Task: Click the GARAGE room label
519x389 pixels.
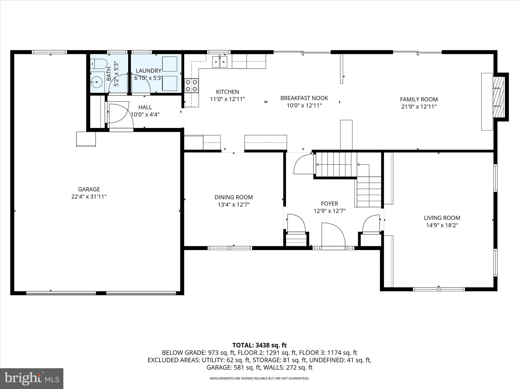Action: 89,189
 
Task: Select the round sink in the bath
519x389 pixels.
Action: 97,82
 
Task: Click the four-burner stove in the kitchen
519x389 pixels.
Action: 192,85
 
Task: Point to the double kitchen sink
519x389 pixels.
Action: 220,62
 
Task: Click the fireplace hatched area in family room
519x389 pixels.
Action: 499,97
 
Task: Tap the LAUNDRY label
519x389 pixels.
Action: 149,71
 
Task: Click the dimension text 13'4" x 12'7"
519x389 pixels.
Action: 234,205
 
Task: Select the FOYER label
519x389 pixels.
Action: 329,203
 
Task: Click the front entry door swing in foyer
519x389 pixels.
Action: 332,234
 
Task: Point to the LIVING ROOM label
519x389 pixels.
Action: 442,218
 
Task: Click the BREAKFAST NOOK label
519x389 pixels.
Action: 304,98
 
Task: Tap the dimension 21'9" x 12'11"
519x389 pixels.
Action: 419,107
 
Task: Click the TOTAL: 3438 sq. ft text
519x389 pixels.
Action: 259,345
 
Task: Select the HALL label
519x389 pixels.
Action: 145,107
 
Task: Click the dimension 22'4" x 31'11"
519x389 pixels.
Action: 89,197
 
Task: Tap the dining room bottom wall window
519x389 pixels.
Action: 230,248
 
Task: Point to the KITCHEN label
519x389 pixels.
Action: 227,92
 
